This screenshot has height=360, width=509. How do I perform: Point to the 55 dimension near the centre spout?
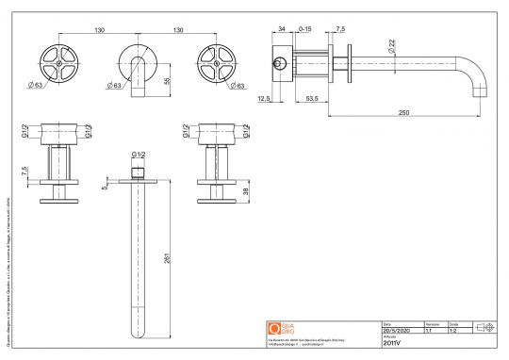(168, 82)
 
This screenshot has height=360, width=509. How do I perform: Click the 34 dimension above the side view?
(281, 30)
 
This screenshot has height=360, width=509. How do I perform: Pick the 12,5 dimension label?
(264, 97)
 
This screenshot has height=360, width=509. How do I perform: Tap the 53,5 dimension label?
(310, 97)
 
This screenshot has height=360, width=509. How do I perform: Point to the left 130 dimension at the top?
(99, 30)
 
